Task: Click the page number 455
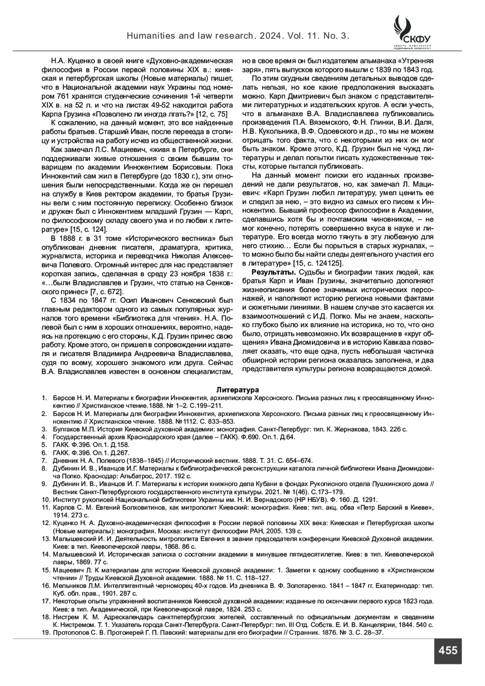click(x=447, y=650)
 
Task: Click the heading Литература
click(x=237, y=390)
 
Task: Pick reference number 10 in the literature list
click(x=45, y=499)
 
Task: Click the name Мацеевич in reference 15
click(x=67, y=570)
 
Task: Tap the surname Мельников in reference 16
click(x=68, y=585)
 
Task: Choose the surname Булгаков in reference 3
click(x=65, y=429)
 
